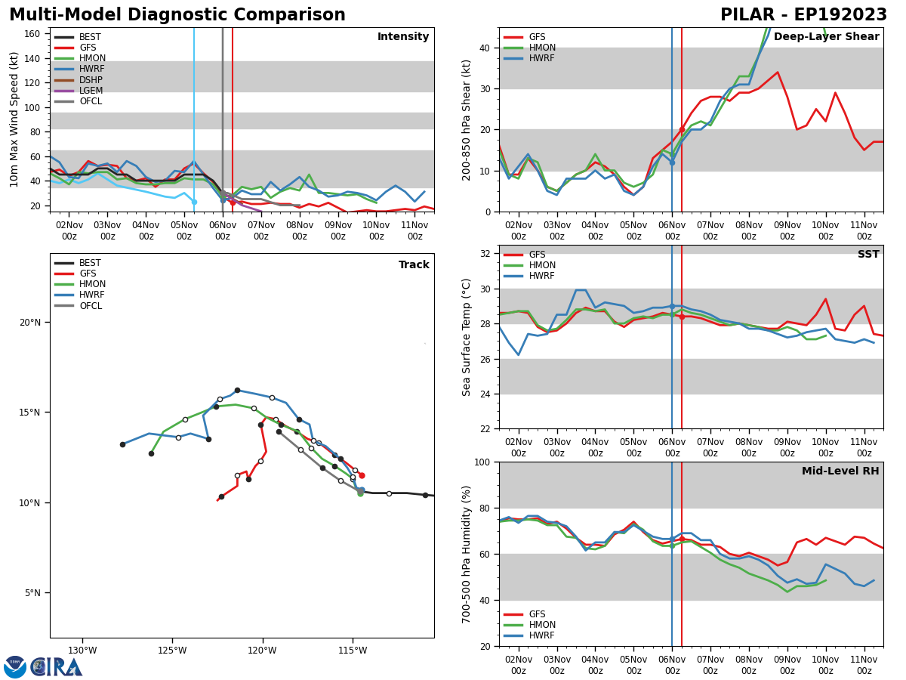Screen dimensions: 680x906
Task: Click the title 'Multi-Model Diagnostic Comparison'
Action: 177,15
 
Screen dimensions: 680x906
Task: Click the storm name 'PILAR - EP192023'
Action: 803,15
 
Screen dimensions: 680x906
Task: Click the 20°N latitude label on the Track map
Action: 30,323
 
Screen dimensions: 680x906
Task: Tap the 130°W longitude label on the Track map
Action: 82,651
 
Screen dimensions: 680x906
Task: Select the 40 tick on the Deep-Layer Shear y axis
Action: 484,48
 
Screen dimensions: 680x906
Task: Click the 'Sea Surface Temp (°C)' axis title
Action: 467,337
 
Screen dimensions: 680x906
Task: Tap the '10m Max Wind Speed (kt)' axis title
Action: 15,119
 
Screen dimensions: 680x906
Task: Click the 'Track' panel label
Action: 414,265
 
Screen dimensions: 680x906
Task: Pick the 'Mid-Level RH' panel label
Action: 840,471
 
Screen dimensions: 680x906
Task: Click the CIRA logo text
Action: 57,667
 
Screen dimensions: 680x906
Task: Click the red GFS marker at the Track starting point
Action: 362,475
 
